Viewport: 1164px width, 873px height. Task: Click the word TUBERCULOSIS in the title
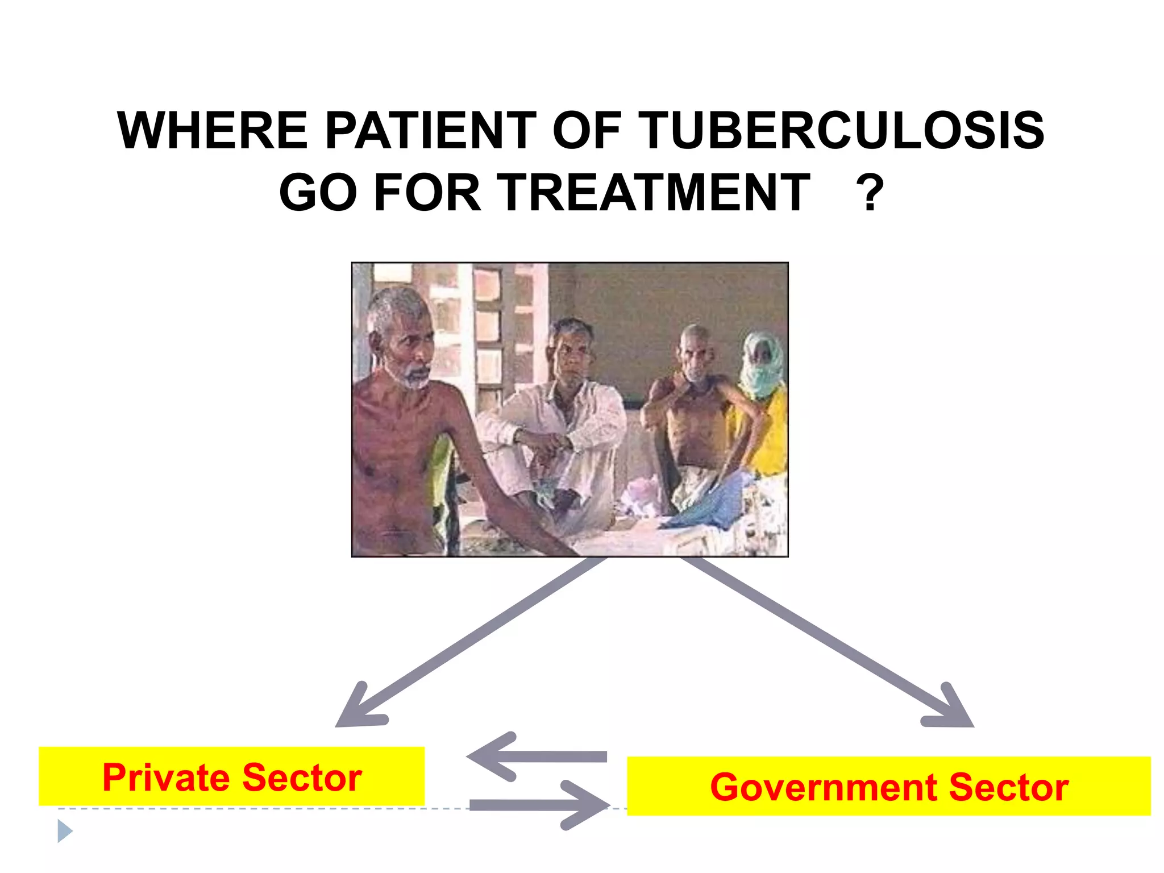[843, 131]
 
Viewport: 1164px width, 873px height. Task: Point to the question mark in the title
[870, 193]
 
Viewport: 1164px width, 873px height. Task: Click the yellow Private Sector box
[231, 776]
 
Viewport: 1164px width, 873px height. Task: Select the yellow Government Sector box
[888, 786]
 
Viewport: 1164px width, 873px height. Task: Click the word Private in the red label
[165, 778]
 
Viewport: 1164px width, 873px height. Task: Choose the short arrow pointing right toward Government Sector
[540, 805]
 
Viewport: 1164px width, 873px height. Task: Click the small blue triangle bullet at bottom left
[65, 832]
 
